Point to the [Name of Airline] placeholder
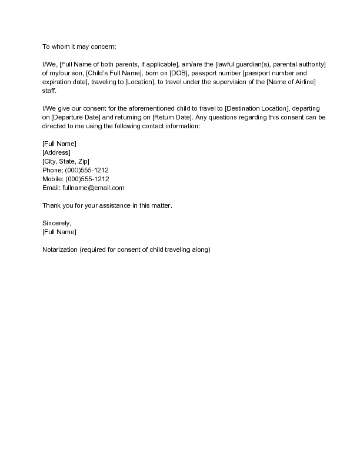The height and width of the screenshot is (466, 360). (x=291, y=82)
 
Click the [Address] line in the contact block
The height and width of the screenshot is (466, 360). (x=56, y=152)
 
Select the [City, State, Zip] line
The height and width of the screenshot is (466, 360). (x=66, y=161)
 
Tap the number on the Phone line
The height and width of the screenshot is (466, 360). (x=87, y=170)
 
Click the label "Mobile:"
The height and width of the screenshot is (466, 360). (x=53, y=179)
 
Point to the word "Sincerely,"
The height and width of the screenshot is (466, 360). (x=57, y=223)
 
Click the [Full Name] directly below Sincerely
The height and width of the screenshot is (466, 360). (x=59, y=232)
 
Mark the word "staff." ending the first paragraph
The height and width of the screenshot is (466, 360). (x=49, y=91)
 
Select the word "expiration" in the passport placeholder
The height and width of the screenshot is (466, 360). (x=56, y=82)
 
